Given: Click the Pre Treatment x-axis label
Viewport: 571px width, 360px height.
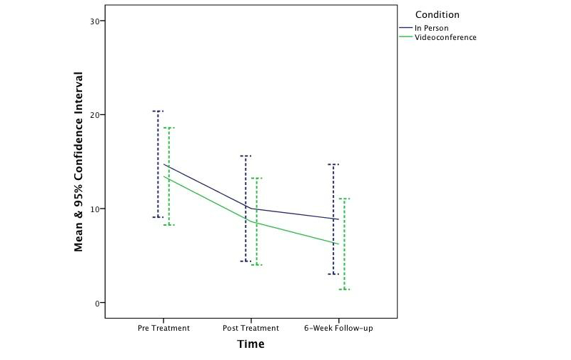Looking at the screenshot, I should [x=163, y=329].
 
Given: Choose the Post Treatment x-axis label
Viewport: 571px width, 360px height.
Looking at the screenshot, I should [x=251, y=329].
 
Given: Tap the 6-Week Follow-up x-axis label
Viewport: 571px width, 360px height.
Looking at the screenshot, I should [x=338, y=329].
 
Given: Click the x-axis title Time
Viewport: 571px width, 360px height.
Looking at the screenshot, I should [x=251, y=344].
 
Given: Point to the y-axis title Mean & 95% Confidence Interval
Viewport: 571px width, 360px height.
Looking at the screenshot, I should [x=80, y=161].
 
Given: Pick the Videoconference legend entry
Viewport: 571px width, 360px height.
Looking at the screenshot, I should [x=446, y=37].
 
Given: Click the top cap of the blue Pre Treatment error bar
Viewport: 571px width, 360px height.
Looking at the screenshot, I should [x=158, y=111].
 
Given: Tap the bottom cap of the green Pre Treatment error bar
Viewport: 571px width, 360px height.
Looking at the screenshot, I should [x=169, y=225].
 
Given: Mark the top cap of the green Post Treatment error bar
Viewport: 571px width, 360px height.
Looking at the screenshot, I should [x=257, y=178].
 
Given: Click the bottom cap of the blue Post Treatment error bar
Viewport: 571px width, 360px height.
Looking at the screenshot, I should [x=246, y=261].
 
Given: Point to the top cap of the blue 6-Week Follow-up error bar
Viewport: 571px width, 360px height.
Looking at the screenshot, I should [x=333, y=164].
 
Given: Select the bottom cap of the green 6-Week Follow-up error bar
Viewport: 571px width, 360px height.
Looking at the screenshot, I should [x=344, y=289].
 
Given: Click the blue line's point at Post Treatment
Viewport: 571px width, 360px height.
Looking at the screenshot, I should [x=251, y=209].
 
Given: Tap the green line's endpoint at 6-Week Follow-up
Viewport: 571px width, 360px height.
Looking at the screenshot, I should [x=339, y=244].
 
